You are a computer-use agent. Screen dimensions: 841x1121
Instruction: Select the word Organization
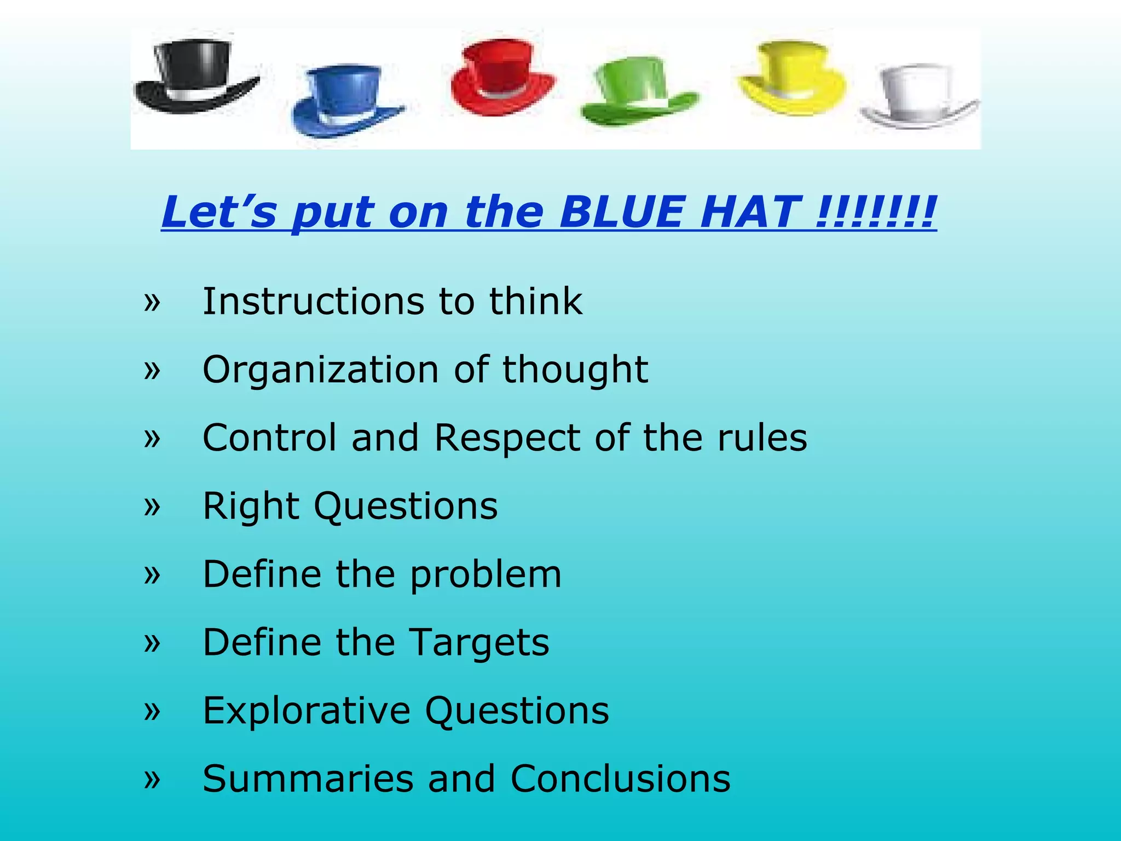pyautogui.click(x=321, y=370)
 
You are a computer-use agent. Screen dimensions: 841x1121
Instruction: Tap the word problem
pyautogui.click(x=486, y=574)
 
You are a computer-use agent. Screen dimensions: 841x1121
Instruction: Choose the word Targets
pyautogui.click(x=479, y=642)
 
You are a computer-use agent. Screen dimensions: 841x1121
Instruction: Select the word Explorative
pyautogui.click(x=307, y=711)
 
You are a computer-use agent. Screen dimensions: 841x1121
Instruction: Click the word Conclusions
pyautogui.click(x=620, y=779)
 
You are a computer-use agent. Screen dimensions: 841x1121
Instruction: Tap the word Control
pyautogui.click(x=269, y=438)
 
